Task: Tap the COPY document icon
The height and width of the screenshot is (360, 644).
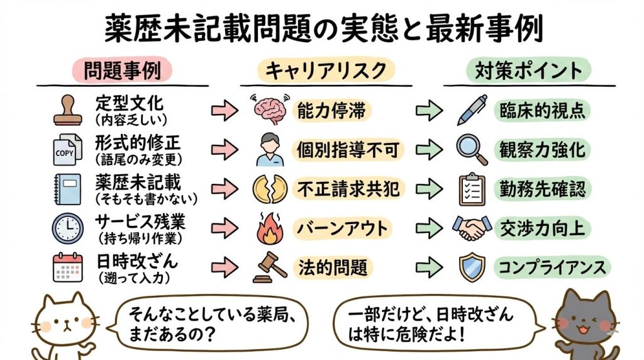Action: (x=65, y=149)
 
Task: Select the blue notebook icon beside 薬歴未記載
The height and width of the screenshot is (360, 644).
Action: (x=65, y=188)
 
